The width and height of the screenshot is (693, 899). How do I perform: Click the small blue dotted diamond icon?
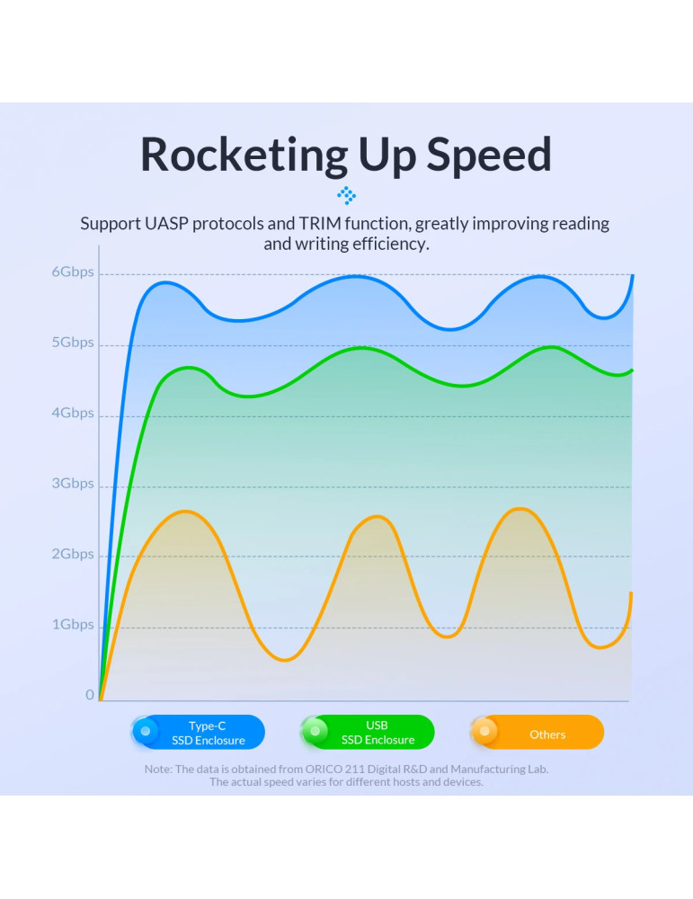click(346, 194)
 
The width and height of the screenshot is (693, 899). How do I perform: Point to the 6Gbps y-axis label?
click(72, 271)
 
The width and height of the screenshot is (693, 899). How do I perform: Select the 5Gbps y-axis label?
click(72, 343)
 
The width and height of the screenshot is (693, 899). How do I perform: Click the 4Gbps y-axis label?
click(72, 413)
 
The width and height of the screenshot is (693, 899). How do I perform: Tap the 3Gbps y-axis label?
click(72, 484)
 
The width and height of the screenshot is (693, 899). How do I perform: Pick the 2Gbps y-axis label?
click(72, 554)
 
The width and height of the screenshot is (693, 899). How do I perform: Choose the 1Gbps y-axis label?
click(72, 624)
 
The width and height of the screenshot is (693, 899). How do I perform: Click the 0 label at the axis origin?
click(90, 695)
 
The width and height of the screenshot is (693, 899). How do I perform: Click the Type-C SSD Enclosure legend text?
click(208, 733)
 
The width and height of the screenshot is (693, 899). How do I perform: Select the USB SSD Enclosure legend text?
click(378, 733)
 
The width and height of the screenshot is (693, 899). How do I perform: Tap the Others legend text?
click(547, 734)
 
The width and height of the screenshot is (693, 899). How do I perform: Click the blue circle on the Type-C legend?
click(146, 731)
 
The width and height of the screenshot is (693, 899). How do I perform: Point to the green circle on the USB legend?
click(315, 731)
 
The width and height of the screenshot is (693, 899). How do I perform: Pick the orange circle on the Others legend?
click(484, 731)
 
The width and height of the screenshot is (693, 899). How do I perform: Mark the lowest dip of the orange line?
click(285, 661)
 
